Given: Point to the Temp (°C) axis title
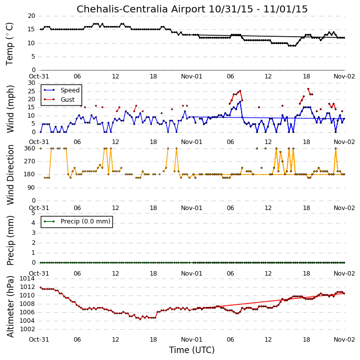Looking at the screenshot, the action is (9, 44).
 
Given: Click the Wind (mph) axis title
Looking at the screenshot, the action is (10, 109).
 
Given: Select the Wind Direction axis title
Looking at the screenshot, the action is (10, 174).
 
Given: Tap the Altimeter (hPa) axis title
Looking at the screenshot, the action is (10, 306).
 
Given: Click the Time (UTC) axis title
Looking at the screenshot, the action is (192, 350).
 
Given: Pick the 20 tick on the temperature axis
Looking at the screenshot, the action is (31, 16).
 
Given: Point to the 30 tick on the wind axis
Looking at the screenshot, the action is (31, 83).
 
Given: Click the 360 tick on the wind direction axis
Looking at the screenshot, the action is (30, 148).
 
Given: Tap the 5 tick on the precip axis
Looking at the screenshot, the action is (33, 213).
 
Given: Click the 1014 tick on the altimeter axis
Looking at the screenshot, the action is (27, 279).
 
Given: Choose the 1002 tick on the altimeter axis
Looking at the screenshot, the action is (27, 329).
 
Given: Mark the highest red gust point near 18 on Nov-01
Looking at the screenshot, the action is (308, 89).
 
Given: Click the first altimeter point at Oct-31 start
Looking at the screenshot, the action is (41, 288).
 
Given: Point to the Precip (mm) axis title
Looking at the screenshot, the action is (10, 240).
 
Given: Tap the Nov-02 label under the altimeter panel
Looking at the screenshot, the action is (344, 339).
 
